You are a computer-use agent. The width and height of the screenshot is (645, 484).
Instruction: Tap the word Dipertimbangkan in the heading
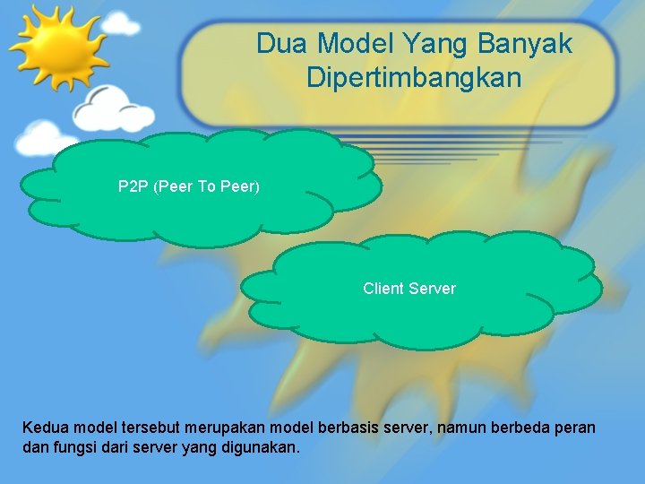coord(413,77)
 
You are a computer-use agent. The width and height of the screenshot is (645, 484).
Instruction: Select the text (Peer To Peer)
coord(207,187)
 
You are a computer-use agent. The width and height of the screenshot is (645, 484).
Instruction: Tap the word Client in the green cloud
coord(383,289)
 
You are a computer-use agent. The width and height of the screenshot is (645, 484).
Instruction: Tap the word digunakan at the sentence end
coord(259,446)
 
